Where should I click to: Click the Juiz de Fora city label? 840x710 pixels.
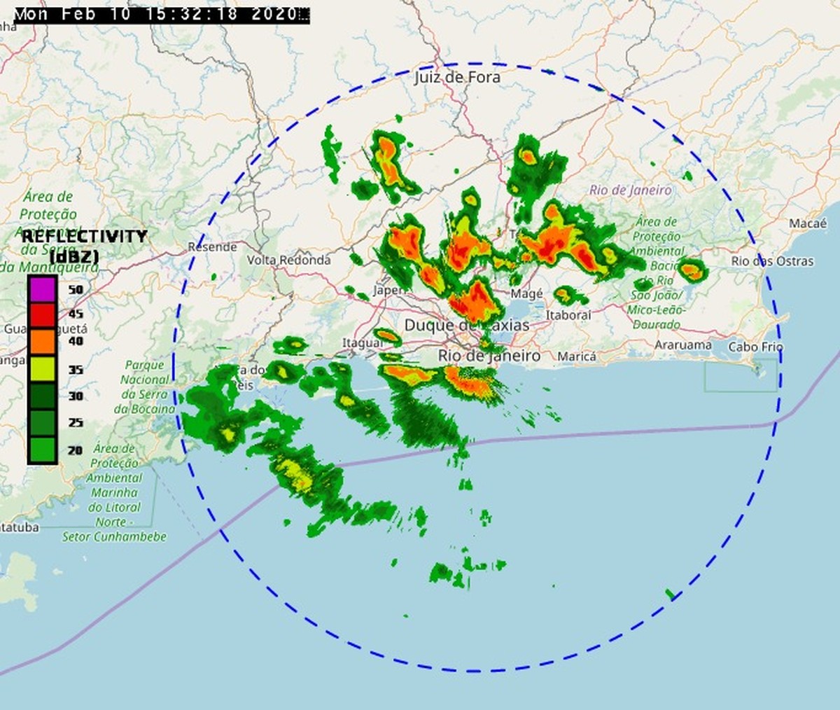click(457, 77)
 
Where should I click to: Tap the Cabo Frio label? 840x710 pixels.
click(755, 347)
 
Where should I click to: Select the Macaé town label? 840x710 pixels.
click(808, 223)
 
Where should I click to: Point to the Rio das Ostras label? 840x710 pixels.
click(772, 261)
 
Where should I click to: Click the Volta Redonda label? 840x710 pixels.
click(288, 260)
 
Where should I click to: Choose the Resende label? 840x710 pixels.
click(212, 247)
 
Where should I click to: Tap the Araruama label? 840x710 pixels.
click(683, 345)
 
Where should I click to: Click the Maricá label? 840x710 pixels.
click(577, 357)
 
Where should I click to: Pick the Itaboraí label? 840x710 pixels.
click(568, 315)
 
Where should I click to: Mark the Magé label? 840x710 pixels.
click(526, 294)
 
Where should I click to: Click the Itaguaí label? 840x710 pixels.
click(362, 343)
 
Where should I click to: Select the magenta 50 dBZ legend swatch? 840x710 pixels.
click(42, 288)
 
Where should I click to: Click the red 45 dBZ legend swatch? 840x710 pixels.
click(42, 315)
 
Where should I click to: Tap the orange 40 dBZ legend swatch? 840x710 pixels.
click(42, 341)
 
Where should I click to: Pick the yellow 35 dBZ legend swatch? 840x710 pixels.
click(42, 368)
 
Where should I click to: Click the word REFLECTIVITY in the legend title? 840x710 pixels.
click(84, 236)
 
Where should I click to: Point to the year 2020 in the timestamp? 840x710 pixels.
click(275, 14)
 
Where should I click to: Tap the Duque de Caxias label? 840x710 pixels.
click(467, 326)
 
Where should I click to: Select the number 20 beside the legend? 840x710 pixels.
click(75, 451)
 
